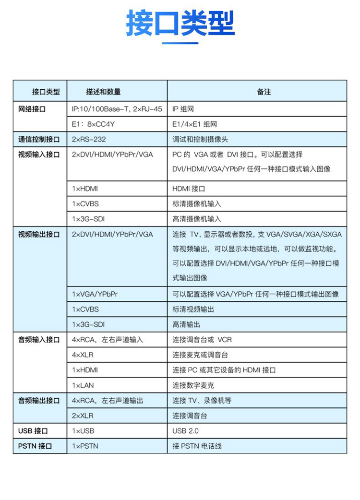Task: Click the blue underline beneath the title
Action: pos(180,44)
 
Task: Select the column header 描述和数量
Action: pos(103,92)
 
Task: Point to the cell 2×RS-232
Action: pos(89,140)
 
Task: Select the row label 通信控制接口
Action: pos(39,140)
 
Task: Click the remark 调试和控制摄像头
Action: pos(200,140)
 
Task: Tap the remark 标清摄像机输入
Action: pos(197,204)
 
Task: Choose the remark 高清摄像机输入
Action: pos(197,219)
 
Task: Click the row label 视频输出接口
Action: pos(39,235)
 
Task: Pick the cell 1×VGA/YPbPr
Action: pos(95,294)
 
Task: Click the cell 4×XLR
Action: pos(84,355)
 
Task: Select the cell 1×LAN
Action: pos(83,385)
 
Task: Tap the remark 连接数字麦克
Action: pos(193,385)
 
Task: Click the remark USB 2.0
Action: pos(185,431)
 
